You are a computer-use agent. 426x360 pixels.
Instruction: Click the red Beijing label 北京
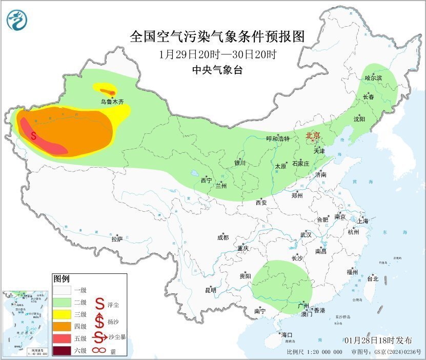313,135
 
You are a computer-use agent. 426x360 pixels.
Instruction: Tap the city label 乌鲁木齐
112,102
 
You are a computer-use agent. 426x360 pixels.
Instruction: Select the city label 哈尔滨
374,78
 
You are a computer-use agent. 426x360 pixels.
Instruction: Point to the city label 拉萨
117,238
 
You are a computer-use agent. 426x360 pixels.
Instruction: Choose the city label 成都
223,237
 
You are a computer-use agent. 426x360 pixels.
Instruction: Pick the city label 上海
363,221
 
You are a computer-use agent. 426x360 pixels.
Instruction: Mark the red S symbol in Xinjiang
33,136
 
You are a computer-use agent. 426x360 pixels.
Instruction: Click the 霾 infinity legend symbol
98,351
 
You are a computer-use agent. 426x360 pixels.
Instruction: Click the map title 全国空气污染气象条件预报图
217,36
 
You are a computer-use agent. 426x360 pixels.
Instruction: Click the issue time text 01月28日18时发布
378,341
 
